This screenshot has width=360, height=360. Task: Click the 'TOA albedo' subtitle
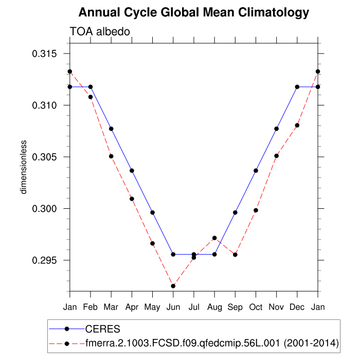pyautogui.click(x=99, y=31)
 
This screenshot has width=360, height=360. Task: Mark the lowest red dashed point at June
pyautogui.click(x=173, y=286)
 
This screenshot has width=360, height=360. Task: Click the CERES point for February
pyautogui.click(x=91, y=87)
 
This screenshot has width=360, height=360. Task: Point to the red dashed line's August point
pyautogui.click(x=214, y=238)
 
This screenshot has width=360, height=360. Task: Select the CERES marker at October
pyautogui.click(x=256, y=170)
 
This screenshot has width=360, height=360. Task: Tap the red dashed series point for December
pyautogui.click(x=297, y=125)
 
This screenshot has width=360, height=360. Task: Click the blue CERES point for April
pyautogui.click(x=132, y=170)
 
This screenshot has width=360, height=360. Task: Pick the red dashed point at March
pyautogui.click(x=111, y=156)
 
